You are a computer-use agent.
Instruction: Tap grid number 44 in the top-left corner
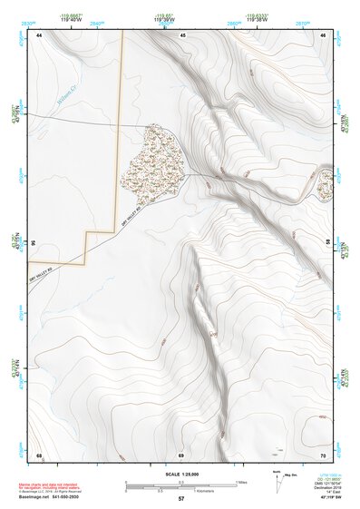pos(39,34)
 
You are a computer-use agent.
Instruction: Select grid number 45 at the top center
pos(182,34)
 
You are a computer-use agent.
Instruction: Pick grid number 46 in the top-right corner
pos(323,34)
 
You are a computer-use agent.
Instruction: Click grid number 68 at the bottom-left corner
pos(39,454)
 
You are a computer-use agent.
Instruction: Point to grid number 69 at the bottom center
pos(181,454)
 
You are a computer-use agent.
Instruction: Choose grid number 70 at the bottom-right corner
pos(323,454)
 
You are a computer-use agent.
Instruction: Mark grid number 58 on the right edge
pos(327,243)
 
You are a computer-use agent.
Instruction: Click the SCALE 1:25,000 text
pos(181,474)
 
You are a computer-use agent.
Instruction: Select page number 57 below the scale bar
pos(181,499)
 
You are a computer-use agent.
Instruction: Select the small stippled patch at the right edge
pos(325,187)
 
